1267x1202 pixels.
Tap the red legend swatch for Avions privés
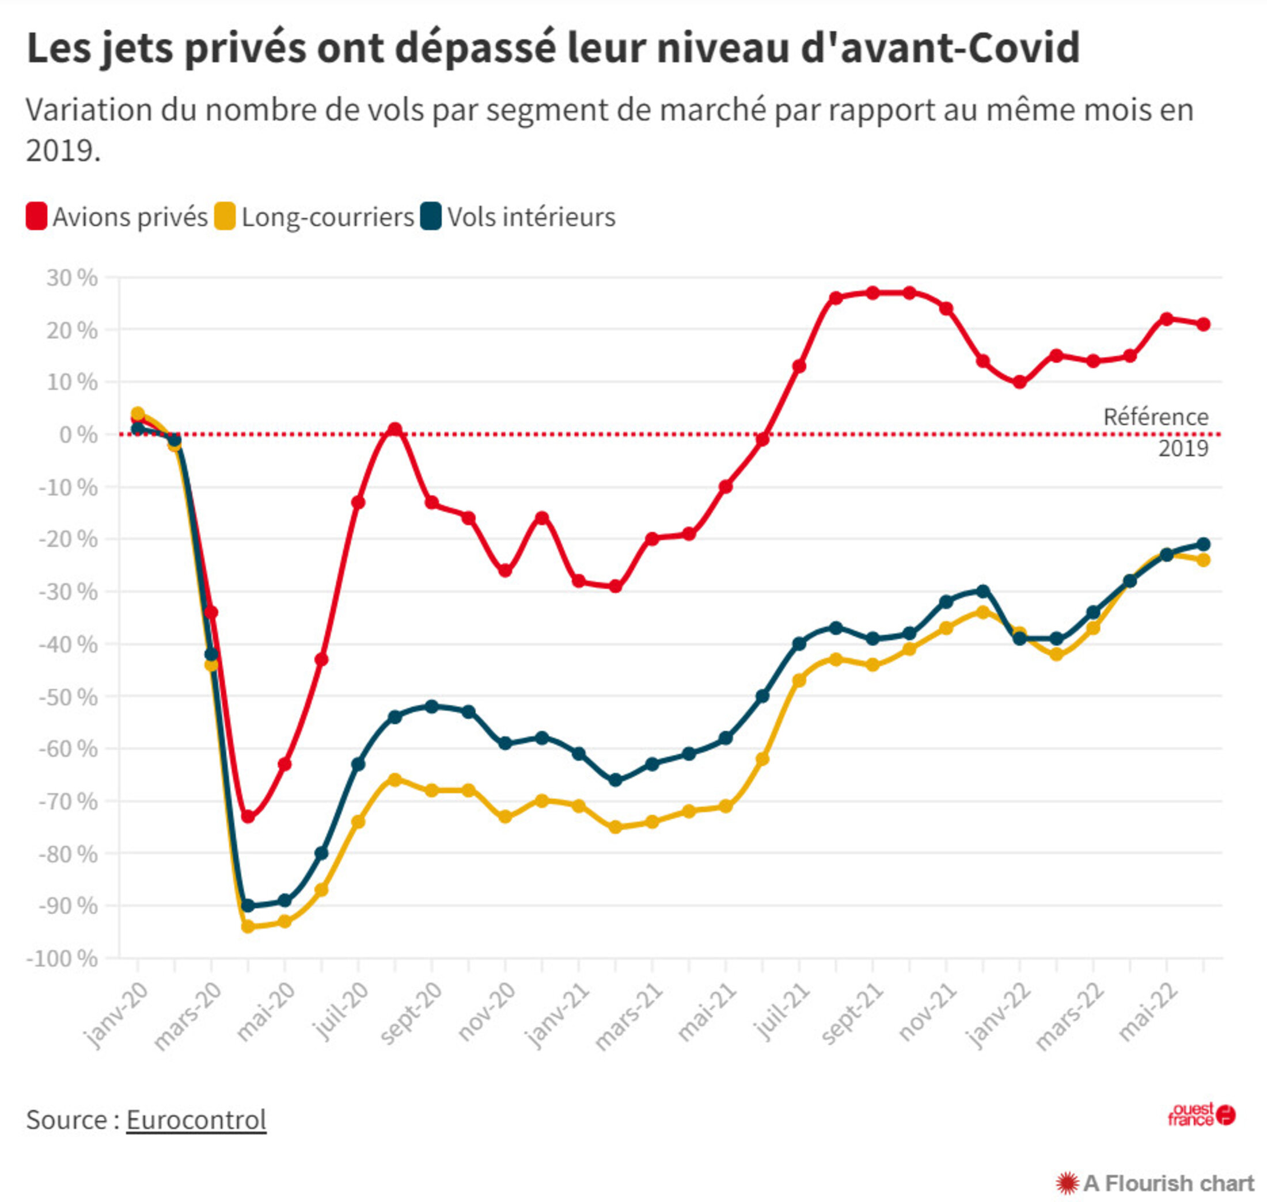(36, 216)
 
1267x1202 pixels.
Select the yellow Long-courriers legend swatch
(225, 216)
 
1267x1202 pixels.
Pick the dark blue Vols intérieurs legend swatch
(431, 216)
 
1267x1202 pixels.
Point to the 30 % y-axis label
(72, 278)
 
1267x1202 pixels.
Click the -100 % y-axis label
(62, 959)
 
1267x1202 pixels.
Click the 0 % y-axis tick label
(78, 435)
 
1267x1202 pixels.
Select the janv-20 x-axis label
(117, 1014)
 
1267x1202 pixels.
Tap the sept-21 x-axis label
(852, 1014)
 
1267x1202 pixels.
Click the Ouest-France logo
(1201, 1115)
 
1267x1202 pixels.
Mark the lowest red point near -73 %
(248, 817)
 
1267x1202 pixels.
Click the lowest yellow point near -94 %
(248, 926)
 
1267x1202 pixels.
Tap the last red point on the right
(1204, 324)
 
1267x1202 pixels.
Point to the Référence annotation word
(1155, 417)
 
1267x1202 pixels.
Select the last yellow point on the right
(1204, 560)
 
